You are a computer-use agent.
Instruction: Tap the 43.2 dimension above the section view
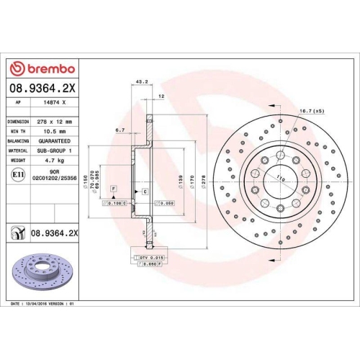(x=142, y=82)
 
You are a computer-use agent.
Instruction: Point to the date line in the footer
(x=42, y=305)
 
